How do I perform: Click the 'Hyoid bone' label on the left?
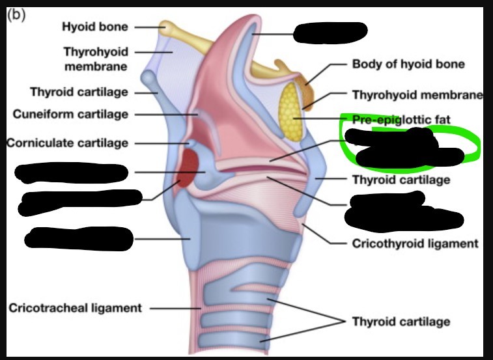click(x=95, y=27)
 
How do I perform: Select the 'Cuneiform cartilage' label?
click(x=70, y=115)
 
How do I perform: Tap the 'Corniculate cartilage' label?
click(x=68, y=143)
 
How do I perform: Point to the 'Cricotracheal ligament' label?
click(x=75, y=308)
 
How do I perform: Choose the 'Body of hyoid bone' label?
click(x=408, y=64)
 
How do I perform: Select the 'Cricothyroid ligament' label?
click(x=415, y=244)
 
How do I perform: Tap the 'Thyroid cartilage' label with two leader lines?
click(x=401, y=322)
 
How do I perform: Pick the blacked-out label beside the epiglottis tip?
click(x=330, y=31)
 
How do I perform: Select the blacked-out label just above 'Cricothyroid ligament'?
click(x=399, y=212)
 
